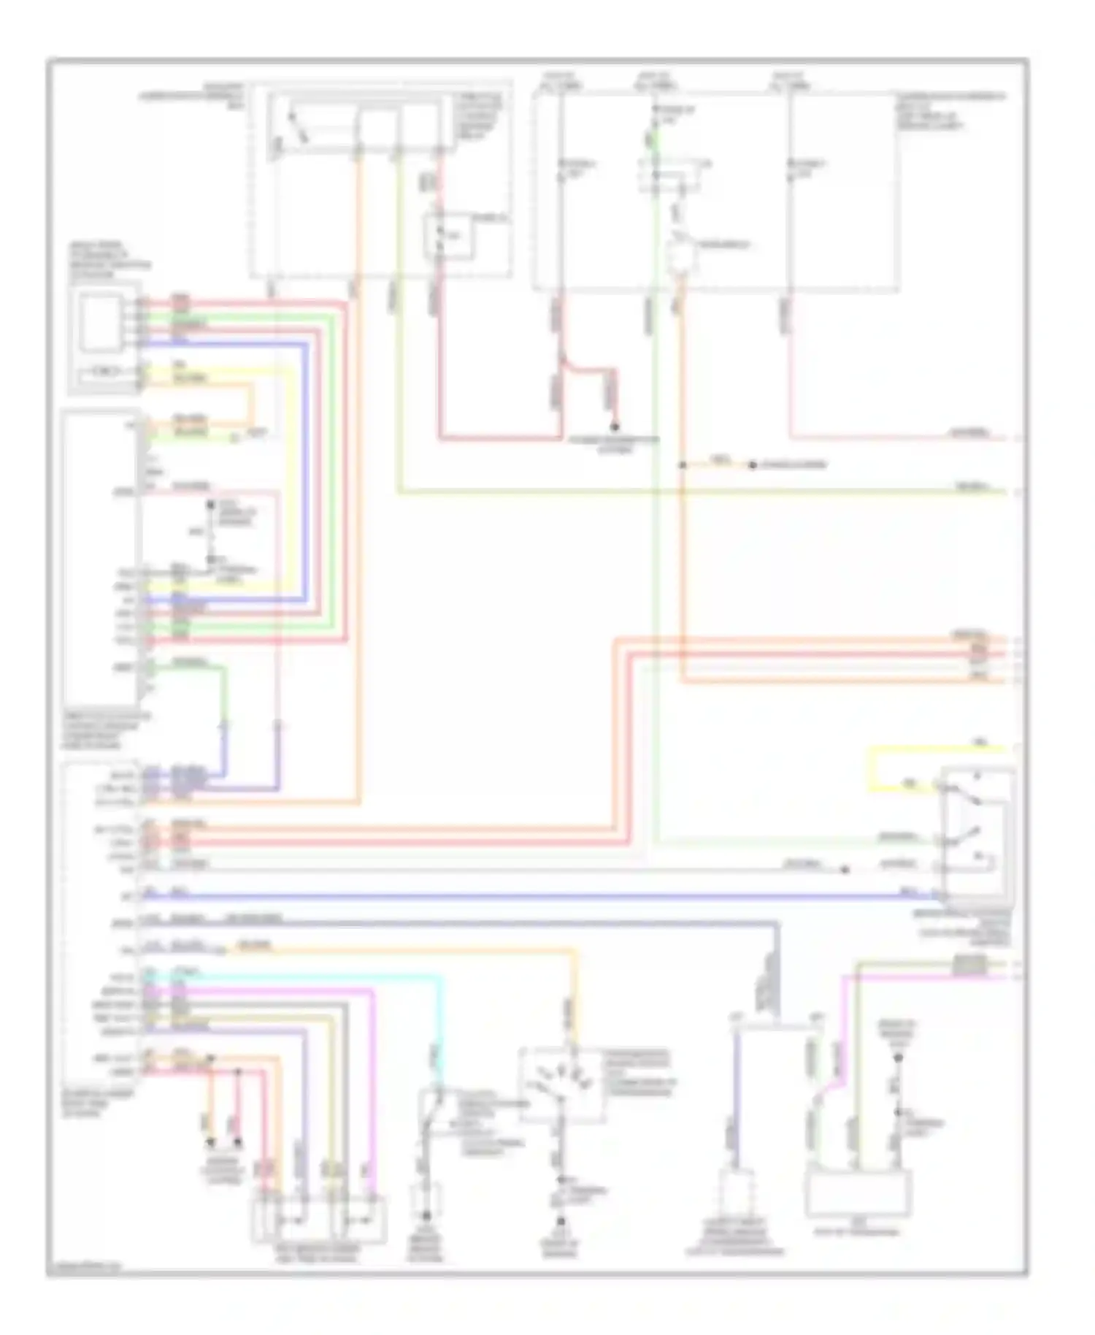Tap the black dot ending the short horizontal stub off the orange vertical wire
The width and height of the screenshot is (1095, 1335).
[752, 465]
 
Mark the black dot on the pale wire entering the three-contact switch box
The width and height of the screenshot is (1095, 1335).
[845, 870]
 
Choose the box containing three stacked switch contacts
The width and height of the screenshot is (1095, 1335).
[977, 833]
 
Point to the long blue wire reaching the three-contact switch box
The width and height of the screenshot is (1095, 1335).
[511, 895]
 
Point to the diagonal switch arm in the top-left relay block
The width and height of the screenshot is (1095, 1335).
[298, 126]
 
